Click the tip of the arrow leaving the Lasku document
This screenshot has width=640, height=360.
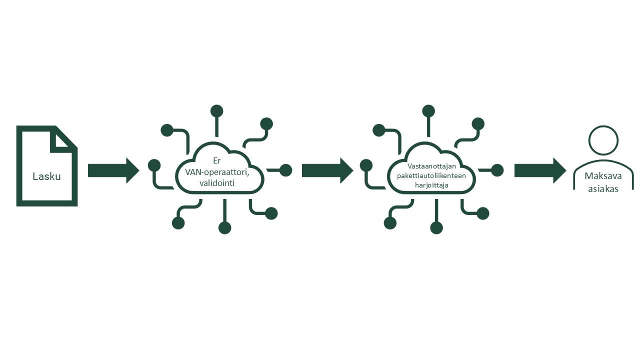click(139, 171)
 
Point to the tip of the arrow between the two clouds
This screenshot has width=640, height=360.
click(353, 171)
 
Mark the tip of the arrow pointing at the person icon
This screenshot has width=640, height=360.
click(566, 171)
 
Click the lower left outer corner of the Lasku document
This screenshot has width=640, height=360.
click(16, 206)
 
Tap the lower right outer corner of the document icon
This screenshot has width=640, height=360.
click(77, 206)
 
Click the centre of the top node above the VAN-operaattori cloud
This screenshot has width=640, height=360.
click(216, 111)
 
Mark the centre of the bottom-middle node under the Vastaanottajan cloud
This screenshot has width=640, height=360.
click(436, 228)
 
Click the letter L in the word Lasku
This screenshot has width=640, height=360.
click(35, 176)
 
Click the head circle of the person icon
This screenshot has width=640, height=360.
click(603, 140)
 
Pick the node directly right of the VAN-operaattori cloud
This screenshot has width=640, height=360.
click(285, 170)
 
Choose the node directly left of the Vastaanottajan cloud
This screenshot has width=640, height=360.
click(366, 165)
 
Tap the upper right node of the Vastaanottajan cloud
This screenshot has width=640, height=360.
click(478, 124)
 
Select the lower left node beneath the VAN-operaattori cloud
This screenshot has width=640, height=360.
click(178, 223)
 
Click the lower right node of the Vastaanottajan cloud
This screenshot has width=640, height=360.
click(483, 213)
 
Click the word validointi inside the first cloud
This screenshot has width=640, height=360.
click(217, 183)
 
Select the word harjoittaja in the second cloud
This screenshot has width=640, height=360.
click(431, 185)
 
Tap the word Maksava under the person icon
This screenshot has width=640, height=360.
click(603, 176)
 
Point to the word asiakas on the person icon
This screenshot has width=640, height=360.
click(603, 189)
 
